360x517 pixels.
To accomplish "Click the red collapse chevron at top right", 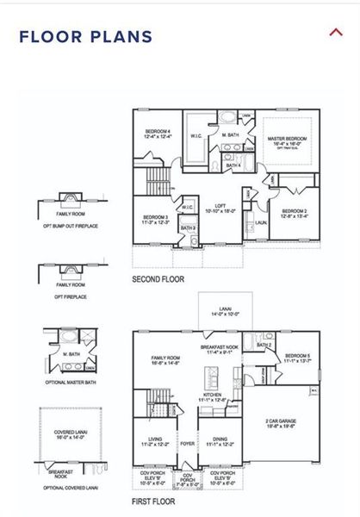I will click(x=336, y=33).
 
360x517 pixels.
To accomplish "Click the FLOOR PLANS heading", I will click(x=85, y=36).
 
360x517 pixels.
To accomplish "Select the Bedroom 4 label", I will click(x=158, y=133).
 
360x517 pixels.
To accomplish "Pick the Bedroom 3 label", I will click(x=156, y=219).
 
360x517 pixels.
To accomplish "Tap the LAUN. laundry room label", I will click(x=260, y=222).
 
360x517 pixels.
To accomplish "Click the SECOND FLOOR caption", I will click(x=158, y=280).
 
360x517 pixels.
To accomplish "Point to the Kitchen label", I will click(x=212, y=396).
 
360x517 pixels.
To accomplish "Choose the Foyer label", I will click(x=188, y=444).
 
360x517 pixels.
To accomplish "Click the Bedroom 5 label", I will click(x=298, y=358).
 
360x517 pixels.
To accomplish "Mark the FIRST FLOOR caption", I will click(x=153, y=501).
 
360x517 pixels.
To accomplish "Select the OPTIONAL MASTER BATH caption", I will click(x=71, y=384).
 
